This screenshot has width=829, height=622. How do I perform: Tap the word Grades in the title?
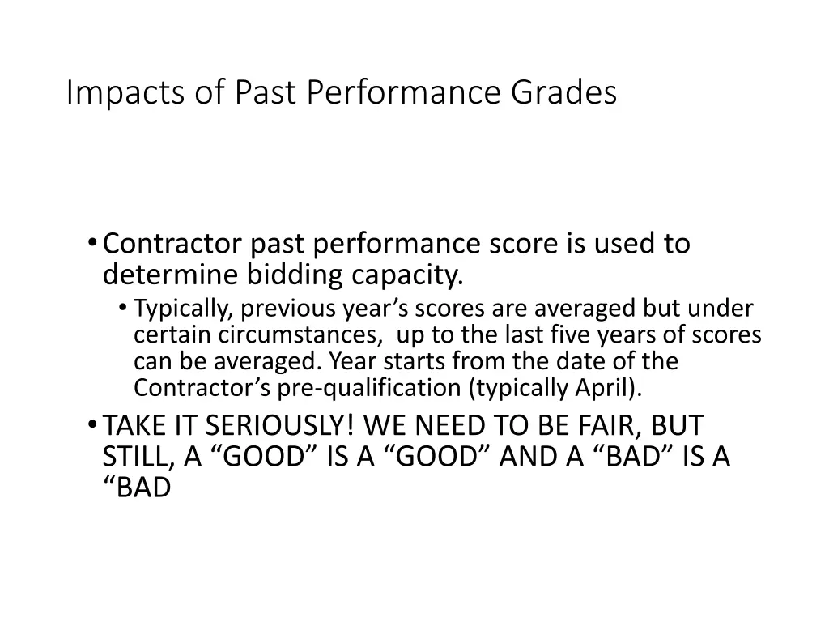[x=563, y=93]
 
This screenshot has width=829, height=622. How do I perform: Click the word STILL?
[x=135, y=458]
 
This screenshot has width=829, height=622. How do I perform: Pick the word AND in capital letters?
[x=529, y=458]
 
